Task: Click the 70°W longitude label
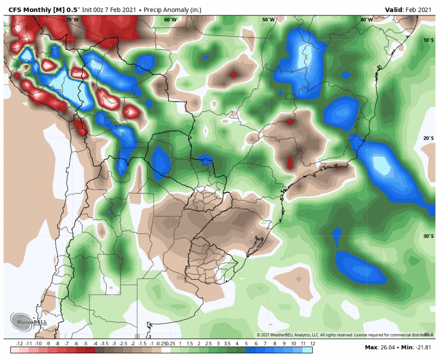tap(72, 20)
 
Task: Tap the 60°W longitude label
tap(170, 20)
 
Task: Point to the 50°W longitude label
tap(268, 20)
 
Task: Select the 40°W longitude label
tap(366, 20)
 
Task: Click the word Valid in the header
tap(394, 10)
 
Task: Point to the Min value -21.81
tap(423, 347)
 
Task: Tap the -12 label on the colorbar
tap(20, 343)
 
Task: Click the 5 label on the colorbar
tap(246, 343)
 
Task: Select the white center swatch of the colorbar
tap(166, 350)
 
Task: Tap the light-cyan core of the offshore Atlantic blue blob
tap(382, 166)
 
